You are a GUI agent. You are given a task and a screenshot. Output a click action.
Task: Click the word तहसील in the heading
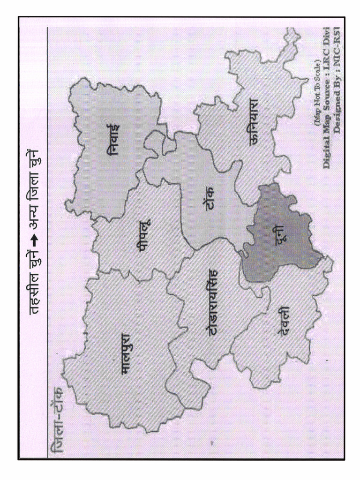pyautogui.click(x=36, y=293)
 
